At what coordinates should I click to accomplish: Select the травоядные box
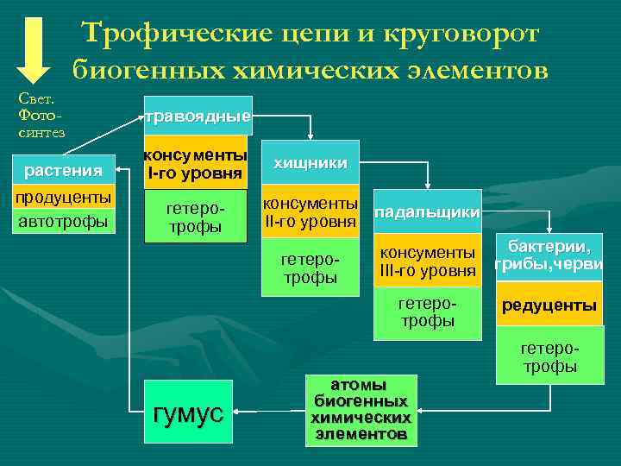(198, 116)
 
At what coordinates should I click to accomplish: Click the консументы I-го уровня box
(195, 163)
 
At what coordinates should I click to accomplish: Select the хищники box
(310, 162)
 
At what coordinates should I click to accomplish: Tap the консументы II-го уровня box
(310, 212)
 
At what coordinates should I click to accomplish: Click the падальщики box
(428, 211)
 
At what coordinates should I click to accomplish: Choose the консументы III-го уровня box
(428, 261)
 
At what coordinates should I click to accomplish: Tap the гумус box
(188, 413)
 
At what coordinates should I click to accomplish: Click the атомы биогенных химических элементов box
(361, 410)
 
